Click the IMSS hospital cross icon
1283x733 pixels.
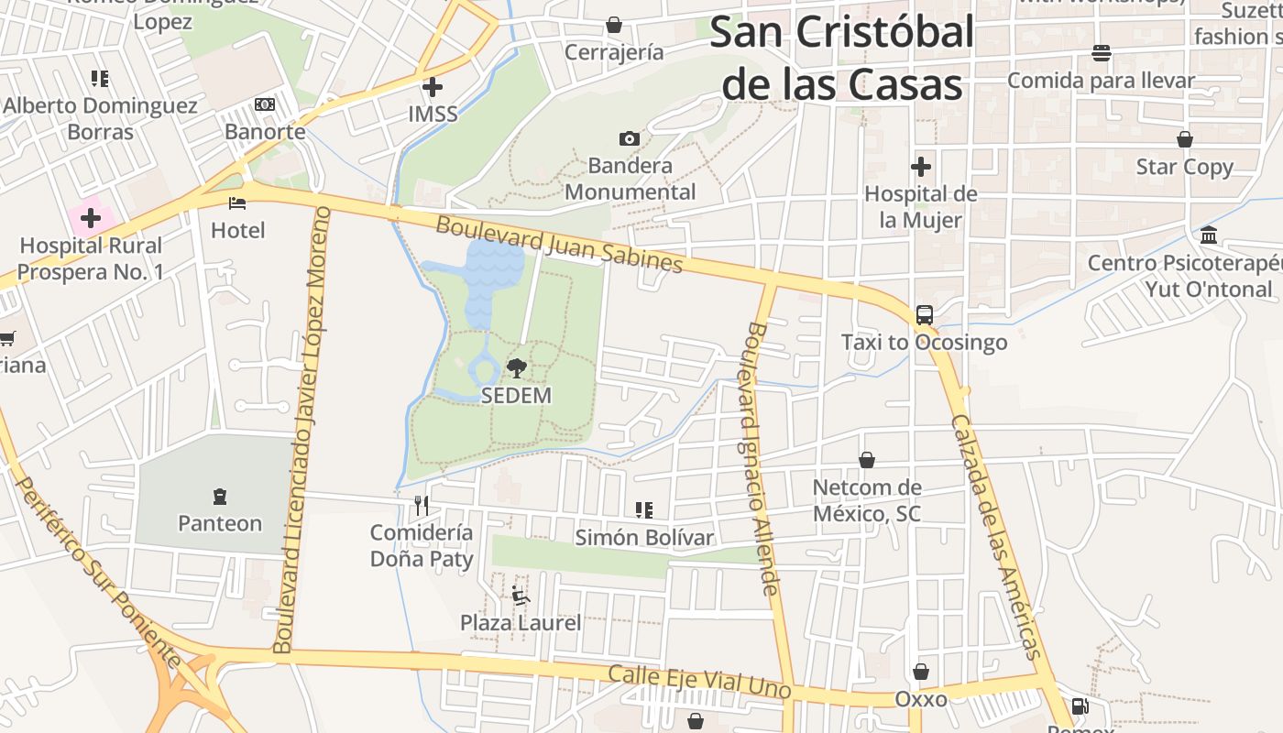coord(433,87)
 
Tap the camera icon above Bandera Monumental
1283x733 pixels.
coord(630,138)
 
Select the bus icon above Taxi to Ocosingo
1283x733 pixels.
coord(925,315)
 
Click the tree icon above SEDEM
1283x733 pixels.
coord(517,368)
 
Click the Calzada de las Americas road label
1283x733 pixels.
coord(997,536)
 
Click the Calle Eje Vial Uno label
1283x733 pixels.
coord(699,681)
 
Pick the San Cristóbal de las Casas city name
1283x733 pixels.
coord(841,59)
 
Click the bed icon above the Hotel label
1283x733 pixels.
coord(238,202)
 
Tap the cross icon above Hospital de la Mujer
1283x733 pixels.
coord(921,167)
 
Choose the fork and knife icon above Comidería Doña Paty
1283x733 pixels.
coord(422,505)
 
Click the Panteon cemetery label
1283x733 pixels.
coord(220,523)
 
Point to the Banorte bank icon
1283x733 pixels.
coord(265,104)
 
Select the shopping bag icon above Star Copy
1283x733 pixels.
coord(1185,139)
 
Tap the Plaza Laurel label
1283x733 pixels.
coord(521,623)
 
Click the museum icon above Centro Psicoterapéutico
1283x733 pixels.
coord(1208,235)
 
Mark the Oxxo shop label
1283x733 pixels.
coord(921,699)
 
